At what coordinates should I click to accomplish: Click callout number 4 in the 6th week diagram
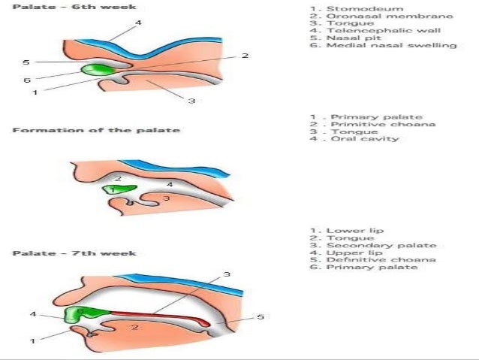[137, 23]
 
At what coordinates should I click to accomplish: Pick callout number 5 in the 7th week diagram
[260, 317]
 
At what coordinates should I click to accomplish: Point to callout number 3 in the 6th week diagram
[191, 101]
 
